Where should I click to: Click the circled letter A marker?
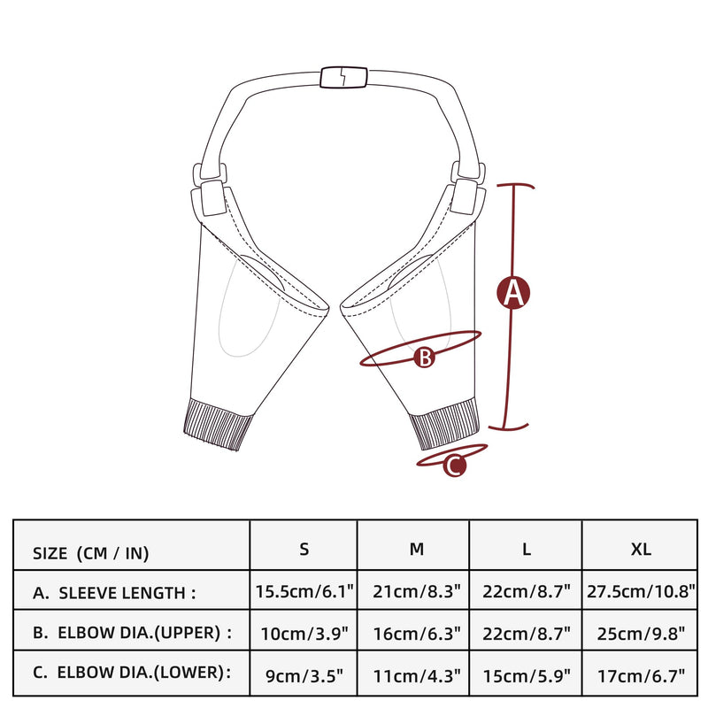[x=513, y=293]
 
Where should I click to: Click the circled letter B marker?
[x=425, y=358]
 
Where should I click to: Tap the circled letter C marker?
[x=455, y=466]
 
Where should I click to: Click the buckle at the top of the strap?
[x=343, y=77]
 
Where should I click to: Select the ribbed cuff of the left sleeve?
[x=218, y=424]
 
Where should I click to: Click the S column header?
[x=304, y=549]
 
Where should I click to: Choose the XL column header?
[x=641, y=549]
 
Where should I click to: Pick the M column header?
[x=416, y=549]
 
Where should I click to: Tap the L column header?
[x=527, y=549]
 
